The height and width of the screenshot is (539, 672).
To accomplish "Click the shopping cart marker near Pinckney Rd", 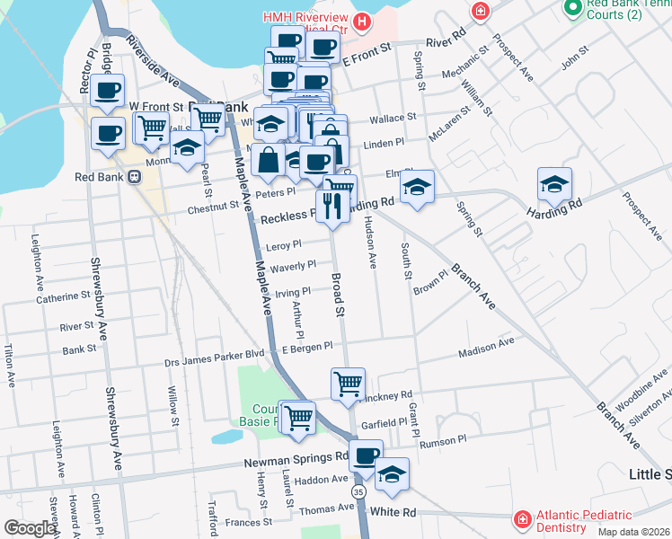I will [348, 384].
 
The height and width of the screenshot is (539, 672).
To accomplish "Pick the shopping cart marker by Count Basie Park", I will [297, 417].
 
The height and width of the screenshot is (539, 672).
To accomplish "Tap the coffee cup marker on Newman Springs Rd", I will [365, 456].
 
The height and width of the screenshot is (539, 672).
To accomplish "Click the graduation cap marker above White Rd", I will [391, 475].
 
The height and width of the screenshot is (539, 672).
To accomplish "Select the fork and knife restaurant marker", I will [332, 208].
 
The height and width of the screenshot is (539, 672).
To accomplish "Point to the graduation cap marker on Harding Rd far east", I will [554, 185].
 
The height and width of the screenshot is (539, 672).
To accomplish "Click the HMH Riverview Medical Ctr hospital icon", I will [362, 20].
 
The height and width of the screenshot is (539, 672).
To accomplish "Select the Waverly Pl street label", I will [292, 265].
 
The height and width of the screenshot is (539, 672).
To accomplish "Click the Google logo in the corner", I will [30, 527].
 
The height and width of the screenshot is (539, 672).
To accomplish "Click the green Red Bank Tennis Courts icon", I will [571, 8].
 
